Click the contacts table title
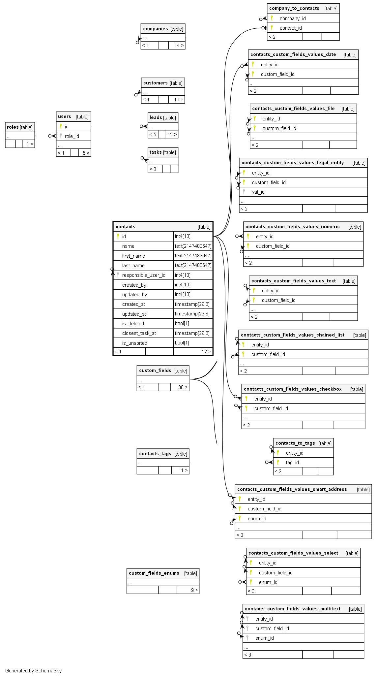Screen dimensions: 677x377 click(126, 227)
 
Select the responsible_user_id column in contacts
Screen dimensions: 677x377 click(144, 275)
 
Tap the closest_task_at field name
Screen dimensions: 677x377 click(139, 333)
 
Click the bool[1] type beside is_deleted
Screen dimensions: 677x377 click(182, 324)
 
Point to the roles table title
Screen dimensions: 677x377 click(13, 127)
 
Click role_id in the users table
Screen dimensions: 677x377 click(72, 136)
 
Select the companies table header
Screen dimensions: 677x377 click(156, 29)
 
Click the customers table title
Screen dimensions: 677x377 click(156, 83)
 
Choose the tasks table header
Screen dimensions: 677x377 click(156, 152)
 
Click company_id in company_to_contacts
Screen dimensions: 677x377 click(293, 18)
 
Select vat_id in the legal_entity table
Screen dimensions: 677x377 click(258, 192)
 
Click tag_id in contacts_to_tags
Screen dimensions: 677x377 click(292, 463)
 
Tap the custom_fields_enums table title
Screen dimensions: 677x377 click(154, 573)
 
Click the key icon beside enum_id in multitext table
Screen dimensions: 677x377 click(247, 638)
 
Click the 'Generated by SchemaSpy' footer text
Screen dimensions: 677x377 click(34, 671)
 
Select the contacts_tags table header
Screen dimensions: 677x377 click(155, 454)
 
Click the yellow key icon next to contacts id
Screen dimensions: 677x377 click(118, 236)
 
